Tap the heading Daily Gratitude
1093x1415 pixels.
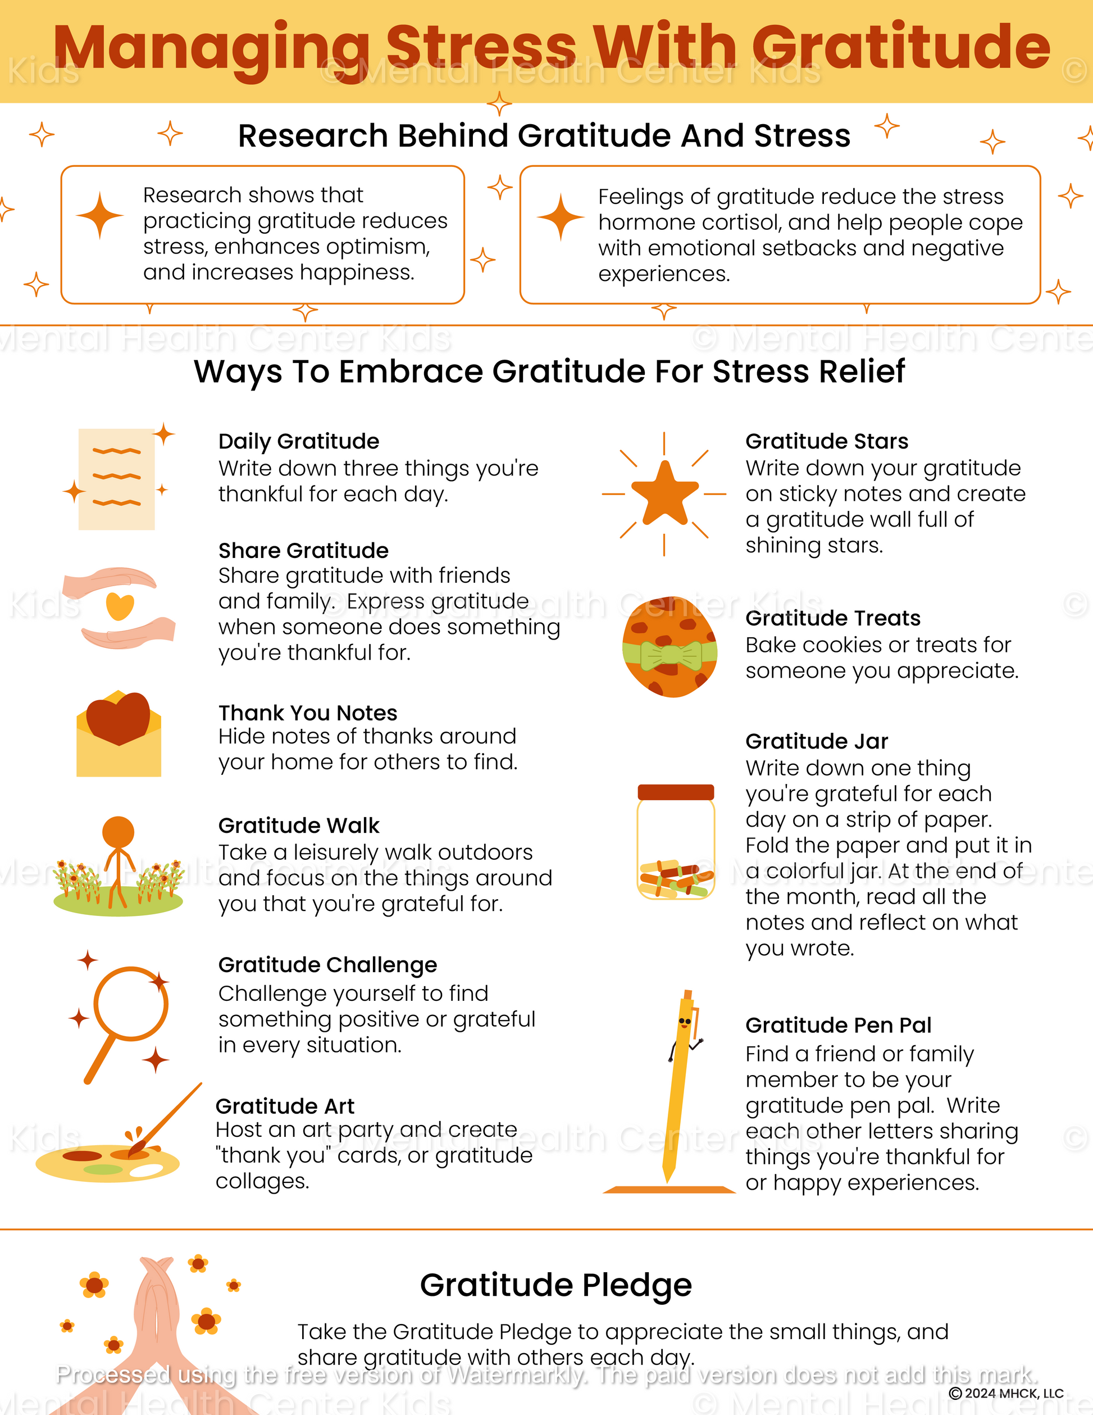coord(298,442)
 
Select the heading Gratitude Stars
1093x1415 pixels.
coord(827,441)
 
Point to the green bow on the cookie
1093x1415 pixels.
coord(671,656)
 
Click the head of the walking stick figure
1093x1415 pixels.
coord(119,832)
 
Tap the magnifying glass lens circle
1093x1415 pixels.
coord(131,1004)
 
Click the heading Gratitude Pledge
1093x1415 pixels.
coord(556,1285)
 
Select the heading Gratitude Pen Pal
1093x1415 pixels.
coord(839,1025)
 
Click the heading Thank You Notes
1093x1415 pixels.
coord(308,713)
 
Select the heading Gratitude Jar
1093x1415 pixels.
coord(817,741)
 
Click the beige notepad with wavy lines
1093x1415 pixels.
coord(117,479)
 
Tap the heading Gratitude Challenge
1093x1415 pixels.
coord(327,965)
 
